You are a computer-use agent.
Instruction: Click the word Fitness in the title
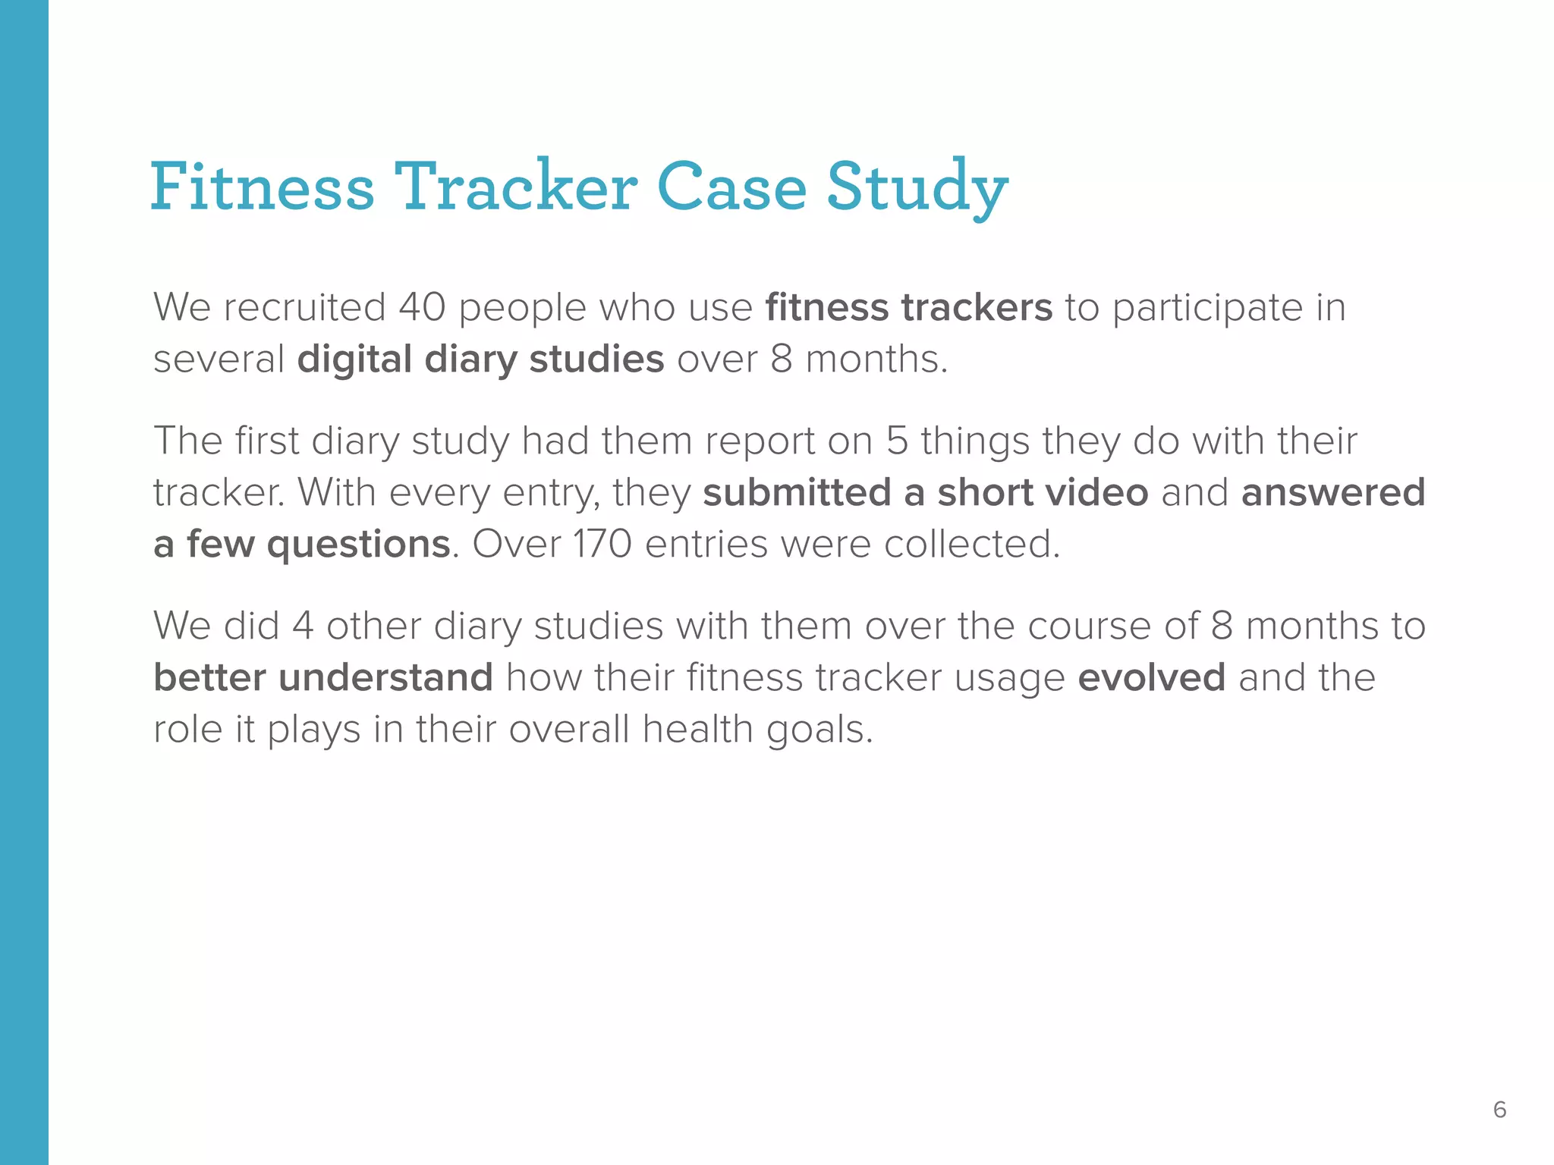(x=263, y=187)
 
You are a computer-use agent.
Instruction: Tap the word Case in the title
(x=731, y=187)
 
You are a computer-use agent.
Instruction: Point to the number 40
(x=422, y=308)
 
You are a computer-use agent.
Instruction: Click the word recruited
(x=305, y=308)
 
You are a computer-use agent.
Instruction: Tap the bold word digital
(x=354, y=360)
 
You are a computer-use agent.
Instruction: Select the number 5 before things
(x=897, y=441)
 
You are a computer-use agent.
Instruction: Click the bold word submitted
(x=797, y=493)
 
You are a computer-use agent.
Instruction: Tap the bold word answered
(x=1333, y=493)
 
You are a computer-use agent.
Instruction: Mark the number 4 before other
(x=303, y=626)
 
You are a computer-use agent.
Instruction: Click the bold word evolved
(x=1151, y=678)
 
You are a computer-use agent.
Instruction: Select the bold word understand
(x=386, y=678)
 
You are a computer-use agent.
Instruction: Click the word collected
(x=971, y=545)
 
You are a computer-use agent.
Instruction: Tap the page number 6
(x=1499, y=1110)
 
